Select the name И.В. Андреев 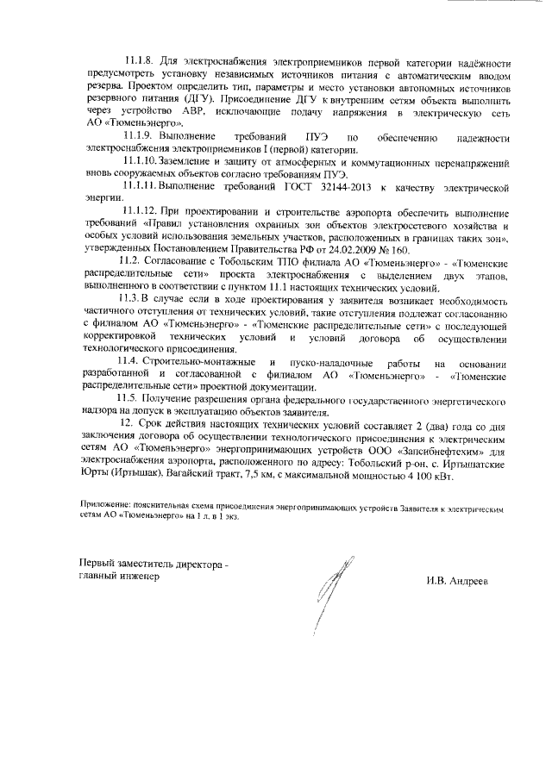(x=456, y=581)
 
